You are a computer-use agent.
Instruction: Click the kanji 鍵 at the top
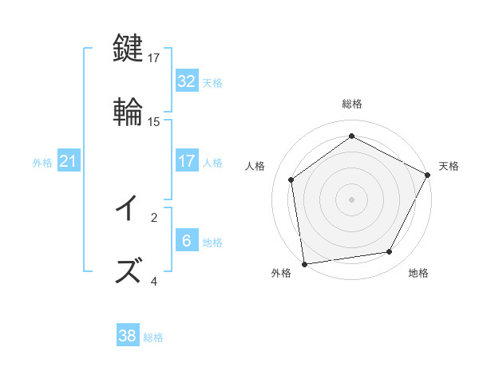point(129,49)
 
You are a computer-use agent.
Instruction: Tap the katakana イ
point(129,208)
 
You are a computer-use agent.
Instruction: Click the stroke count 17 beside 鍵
point(154,57)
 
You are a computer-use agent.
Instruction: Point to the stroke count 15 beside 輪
point(154,122)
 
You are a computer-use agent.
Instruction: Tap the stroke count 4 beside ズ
point(154,281)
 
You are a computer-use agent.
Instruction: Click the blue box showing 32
point(186,81)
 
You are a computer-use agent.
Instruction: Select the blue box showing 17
point(186,161)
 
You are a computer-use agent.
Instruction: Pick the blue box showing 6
point(186,241)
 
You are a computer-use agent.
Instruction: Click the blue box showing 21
point(68,161)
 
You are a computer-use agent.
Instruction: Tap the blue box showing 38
point(127,336)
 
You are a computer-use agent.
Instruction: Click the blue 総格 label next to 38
point(154,337)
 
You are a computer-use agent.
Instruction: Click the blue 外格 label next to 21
point(42,163)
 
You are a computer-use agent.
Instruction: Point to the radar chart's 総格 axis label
point(352,104)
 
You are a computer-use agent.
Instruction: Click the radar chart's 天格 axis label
point(449,166)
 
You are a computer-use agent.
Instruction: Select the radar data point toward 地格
point(390,252)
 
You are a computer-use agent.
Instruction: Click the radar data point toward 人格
point(291,180)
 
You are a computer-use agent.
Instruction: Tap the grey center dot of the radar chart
point(352,199)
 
